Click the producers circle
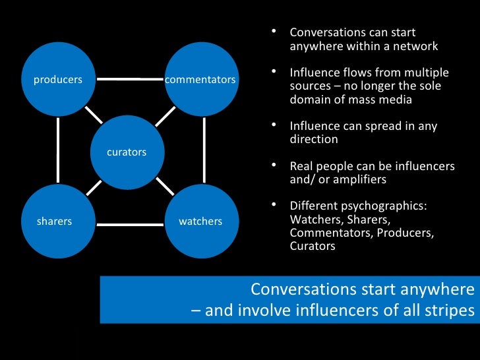[58, 80]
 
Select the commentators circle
[200, 80]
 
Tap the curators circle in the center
[127, 152]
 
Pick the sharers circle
[55, 221]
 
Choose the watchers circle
[200, 221]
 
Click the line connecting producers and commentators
[129, 80]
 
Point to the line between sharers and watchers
[129, 222]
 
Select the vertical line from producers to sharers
[58, 150]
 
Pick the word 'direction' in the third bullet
[314, 139]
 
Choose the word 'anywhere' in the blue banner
[440, 289]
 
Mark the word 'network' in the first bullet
[416, 46]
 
